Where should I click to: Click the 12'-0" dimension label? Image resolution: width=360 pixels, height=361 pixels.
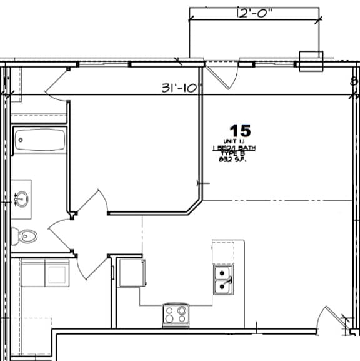point(254,13)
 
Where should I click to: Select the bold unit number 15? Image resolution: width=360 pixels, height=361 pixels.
point(240,131)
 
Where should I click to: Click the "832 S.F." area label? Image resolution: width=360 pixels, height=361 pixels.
point(230,159)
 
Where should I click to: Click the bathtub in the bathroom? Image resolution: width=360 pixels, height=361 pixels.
point(39,140)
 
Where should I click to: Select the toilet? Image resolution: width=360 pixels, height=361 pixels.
point(26,236)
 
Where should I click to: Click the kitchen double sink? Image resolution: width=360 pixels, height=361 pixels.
point(222,278)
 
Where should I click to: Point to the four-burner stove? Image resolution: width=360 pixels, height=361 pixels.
point(176,313)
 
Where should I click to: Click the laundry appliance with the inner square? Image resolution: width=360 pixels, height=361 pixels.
point(57,274)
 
